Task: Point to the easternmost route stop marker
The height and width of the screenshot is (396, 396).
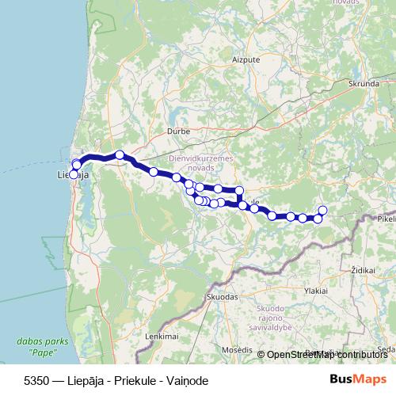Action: click(322, 210)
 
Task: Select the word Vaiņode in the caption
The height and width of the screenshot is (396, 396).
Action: click(189, 380)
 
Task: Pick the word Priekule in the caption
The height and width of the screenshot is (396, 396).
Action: click(139, 380)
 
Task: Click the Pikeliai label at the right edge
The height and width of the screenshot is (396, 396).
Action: click(386, 218)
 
